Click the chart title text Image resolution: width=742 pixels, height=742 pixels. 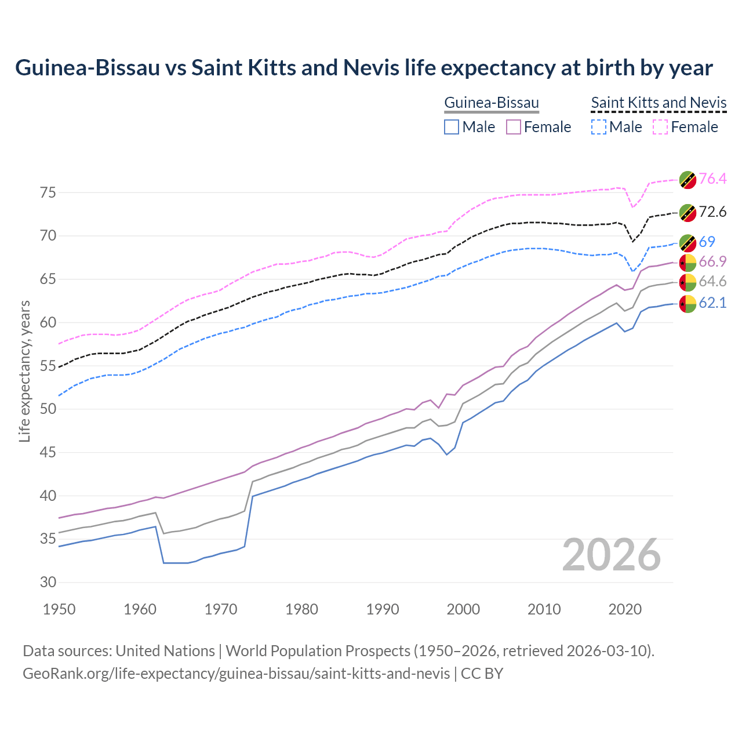(x=363, y=68)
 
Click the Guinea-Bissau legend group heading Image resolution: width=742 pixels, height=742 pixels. (x=492, y=103)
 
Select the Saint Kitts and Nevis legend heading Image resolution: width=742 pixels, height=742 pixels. (x=659, y=103)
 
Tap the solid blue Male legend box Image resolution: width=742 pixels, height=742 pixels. (x=452, y=127)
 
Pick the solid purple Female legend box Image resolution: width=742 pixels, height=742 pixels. (x=514, y=127)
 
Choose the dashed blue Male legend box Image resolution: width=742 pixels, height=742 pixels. (x=598, y=127)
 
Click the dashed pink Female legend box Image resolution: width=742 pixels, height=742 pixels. (x=660, y=127)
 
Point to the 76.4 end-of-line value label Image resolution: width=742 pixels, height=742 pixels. (x=712, y=179)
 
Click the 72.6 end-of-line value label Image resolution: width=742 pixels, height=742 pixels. (x=712, y=212)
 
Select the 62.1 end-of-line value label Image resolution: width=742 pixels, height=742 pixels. (x=712, y=303)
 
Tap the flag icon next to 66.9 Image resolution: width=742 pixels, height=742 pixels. (x=688, y=263)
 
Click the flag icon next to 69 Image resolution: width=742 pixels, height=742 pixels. (x=688, y=243)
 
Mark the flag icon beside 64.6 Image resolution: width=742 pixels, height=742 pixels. (x=688, y=282)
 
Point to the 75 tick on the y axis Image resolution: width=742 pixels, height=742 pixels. (x=48, y=192)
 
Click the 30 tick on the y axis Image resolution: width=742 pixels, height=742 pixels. (x=48, y=582)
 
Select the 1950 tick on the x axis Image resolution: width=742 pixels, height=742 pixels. (x=60, y=609)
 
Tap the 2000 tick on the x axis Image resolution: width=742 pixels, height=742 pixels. (x=463, y=609)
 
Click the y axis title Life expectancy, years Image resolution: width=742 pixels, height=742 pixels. (x=24, y=371)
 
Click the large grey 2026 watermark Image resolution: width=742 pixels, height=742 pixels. (x=611, y=555)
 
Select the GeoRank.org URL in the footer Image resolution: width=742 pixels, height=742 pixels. (x=236, y=674)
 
